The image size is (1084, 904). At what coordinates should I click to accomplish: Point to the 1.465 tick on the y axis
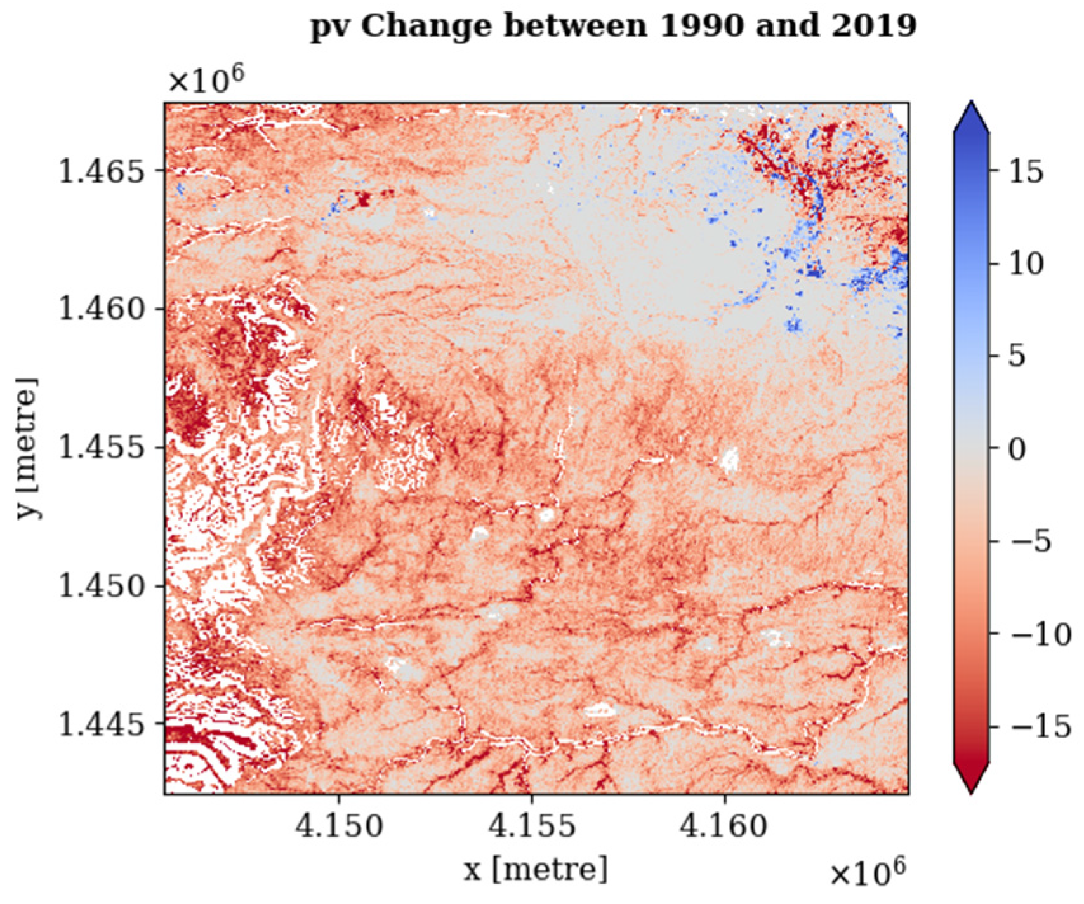(x=101, y=171)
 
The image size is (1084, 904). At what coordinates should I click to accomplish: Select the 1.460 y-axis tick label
(x=101, y=309)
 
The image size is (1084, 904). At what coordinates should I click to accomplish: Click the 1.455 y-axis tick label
(x=101, y=448)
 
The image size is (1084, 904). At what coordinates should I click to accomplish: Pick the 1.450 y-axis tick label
(x=101, y=585)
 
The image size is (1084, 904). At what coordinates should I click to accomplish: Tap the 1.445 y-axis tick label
(x=101, y=724)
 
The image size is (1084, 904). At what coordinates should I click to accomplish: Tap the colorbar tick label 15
(x=1025, y=171)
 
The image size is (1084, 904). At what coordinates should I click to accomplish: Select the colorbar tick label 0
(x=1017, y=449)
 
